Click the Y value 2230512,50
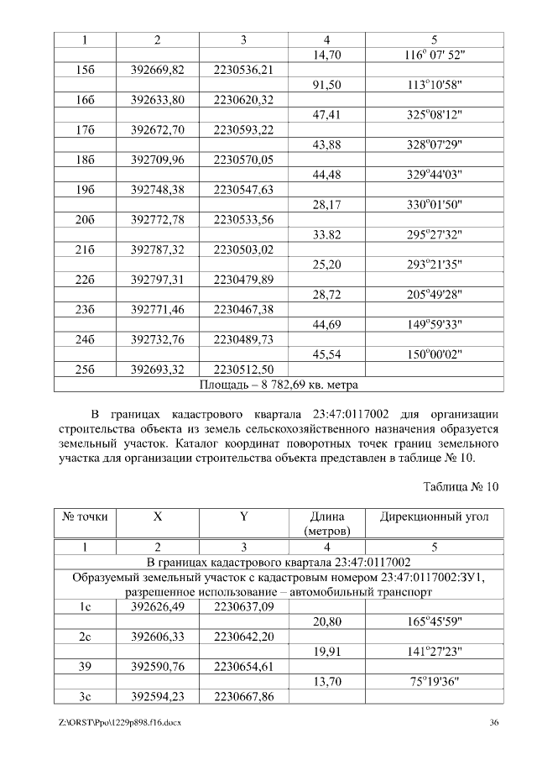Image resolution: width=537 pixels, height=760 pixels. [243, 370]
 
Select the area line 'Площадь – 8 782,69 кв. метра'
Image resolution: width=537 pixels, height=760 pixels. [279, 385]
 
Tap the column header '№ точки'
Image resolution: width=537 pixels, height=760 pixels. [85, 518]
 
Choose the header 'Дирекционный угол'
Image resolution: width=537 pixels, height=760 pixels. [435, 518]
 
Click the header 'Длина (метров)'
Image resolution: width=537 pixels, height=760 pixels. [326, 525]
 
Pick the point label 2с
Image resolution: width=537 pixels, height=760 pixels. [85, 637]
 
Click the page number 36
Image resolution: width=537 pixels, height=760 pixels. [494, 722]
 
